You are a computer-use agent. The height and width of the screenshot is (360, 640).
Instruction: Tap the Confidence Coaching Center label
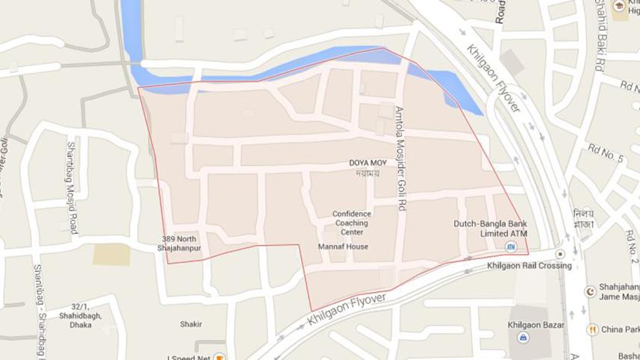click(352, 222)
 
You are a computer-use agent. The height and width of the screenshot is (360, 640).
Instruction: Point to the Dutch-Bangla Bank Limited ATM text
click(491, 229)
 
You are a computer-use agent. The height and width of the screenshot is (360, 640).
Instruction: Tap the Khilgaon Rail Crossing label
click(529, 266)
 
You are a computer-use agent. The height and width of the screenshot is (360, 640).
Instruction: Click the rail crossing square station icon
click(559, 254)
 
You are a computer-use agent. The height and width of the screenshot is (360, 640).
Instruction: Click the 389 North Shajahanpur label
click(178, 244)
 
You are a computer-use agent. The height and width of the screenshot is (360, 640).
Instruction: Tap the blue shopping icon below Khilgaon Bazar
click(525, 338)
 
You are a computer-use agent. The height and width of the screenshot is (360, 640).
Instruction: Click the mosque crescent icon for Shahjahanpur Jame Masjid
click(591, 290)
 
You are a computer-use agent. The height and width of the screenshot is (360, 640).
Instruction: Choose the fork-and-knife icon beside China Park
click(591, 329)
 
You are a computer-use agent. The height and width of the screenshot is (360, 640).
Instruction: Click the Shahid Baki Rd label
click(599, 37)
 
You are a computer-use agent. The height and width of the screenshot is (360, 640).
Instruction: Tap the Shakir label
click(191, 324)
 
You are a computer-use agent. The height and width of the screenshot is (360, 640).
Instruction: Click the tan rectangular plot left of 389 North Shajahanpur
click(111, 254)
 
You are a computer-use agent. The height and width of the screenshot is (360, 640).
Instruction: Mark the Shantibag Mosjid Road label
click(72, 187)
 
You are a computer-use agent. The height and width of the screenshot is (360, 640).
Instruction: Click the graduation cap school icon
click(618, 6)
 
